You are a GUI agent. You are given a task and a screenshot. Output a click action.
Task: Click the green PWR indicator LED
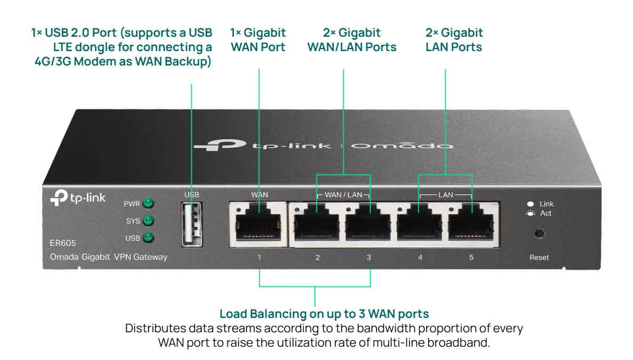(x=149, y=203)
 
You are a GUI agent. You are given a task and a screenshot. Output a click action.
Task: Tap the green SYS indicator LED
(x=149, y=220)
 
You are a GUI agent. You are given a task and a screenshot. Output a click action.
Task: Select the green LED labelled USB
(x=149, y=238)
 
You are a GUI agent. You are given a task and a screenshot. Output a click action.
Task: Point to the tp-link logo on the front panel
(x=78, y=198)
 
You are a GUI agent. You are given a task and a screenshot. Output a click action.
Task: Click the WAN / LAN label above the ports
(x=343, y=195)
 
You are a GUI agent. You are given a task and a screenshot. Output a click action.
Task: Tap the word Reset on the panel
(x=539, y=257)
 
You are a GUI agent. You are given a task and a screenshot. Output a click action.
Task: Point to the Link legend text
(x=547, y=204)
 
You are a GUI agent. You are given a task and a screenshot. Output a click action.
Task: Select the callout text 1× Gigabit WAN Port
(x=258, y=40)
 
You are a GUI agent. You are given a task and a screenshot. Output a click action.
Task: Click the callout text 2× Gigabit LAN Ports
(x=454, y=40)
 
